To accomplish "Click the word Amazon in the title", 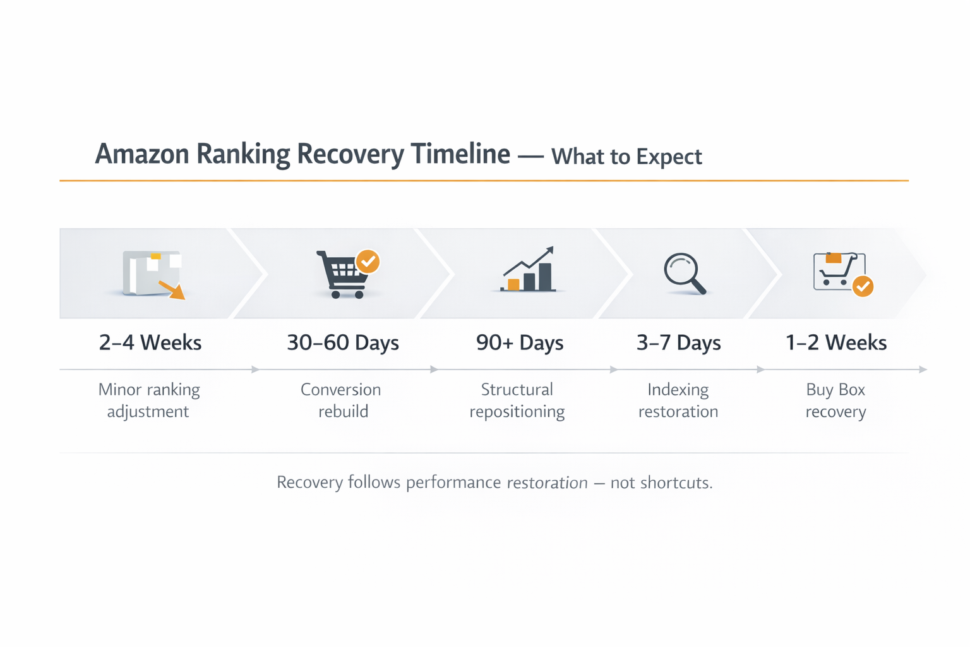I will [x=141, y=154].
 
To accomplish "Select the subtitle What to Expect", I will [x=626, y=157].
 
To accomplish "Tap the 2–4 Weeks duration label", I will [x=150, y=342].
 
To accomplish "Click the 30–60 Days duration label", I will [x=343, y=342].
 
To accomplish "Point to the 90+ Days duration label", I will [x=520, y=342].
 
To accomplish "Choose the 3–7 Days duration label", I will [x=678, y=342].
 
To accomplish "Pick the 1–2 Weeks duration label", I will [x=835, y=342].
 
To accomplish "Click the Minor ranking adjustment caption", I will [x=149, y=401].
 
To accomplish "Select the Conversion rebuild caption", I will [x=341, y=401].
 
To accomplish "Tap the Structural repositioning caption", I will [x=517, y=401].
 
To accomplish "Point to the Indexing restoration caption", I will [x=678, y=401].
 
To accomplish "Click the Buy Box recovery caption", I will [x=835, y=401].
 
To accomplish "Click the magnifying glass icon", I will [x=684, y=273].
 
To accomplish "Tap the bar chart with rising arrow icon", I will [x=529, y=270].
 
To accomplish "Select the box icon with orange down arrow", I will [x=153, y=274].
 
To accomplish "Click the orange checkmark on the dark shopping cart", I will [x=368, y=261].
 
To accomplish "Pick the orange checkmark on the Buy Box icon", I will [x=863, y=286].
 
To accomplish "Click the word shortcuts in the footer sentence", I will [x=676, y=483].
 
